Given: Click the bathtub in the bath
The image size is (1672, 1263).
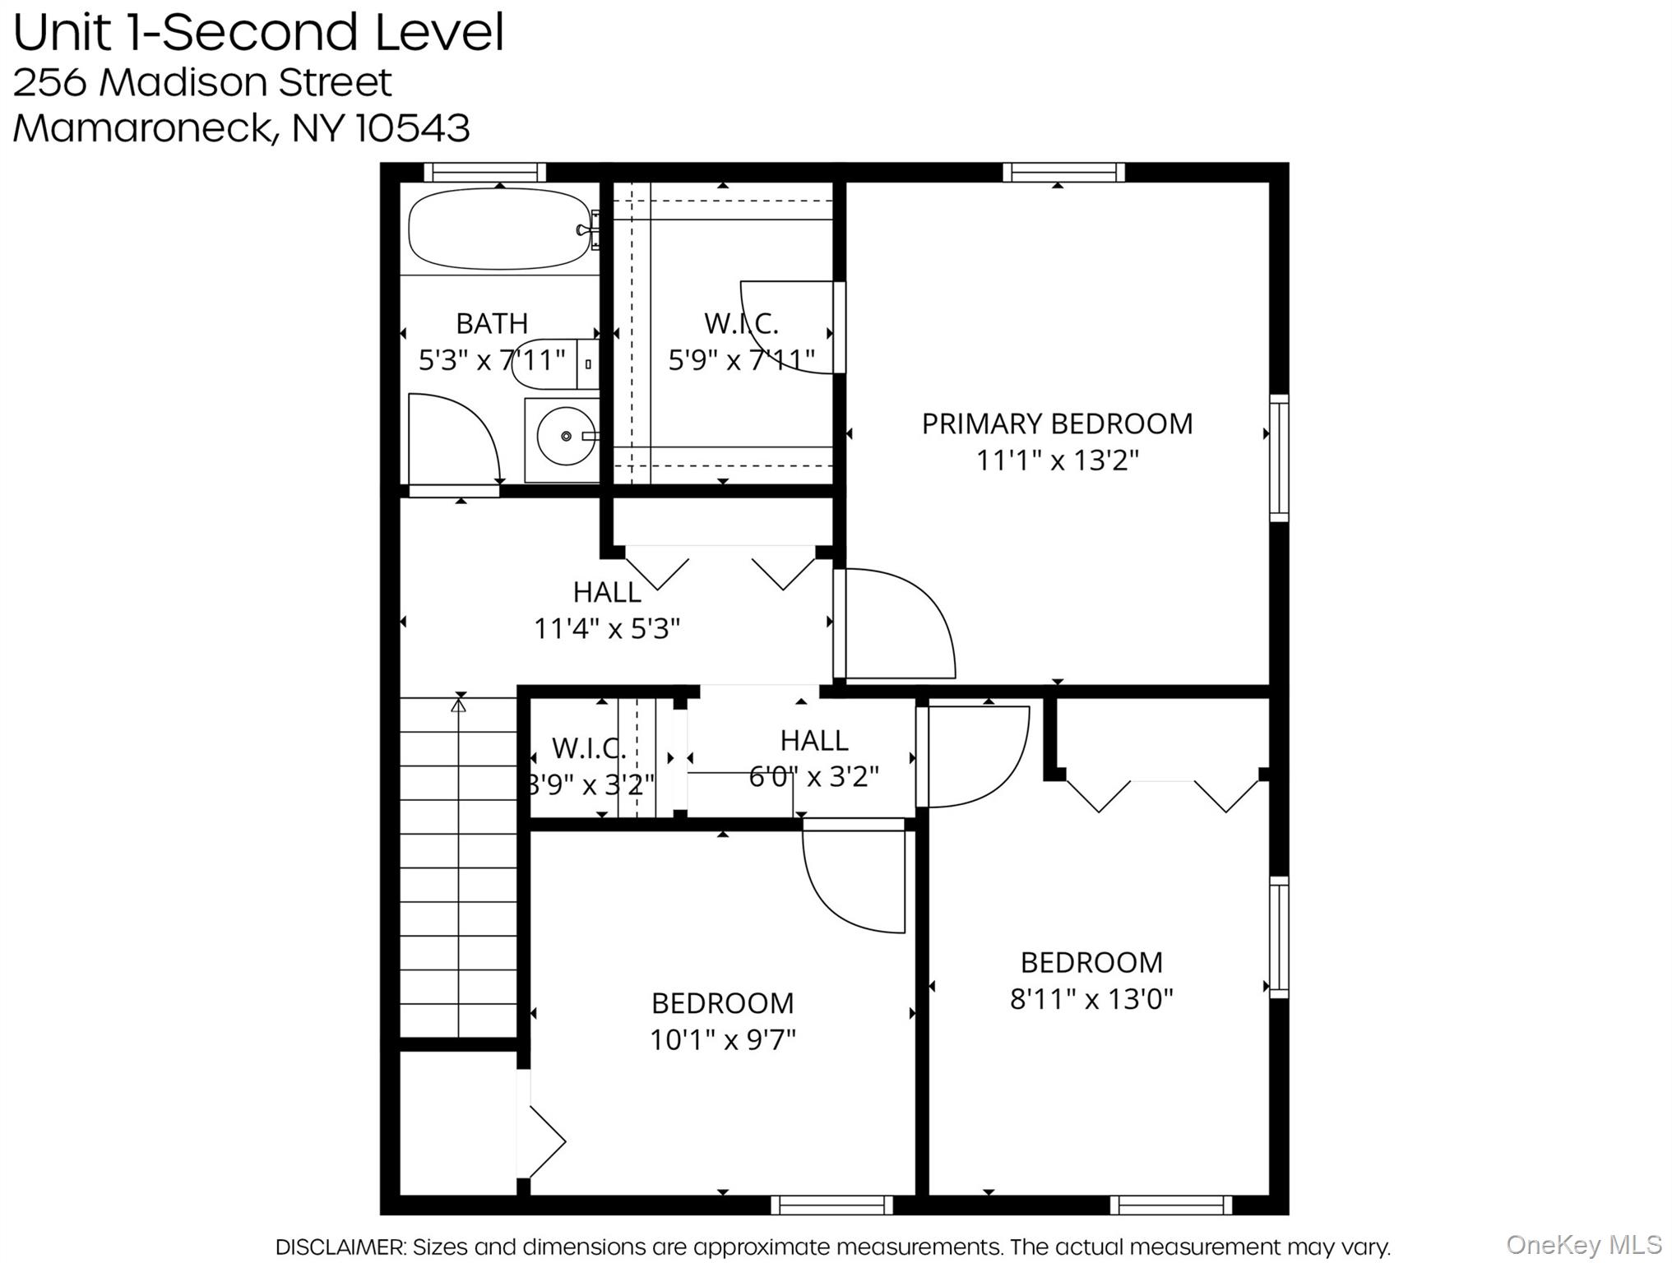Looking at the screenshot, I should [499, 229].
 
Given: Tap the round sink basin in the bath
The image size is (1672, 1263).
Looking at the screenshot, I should [566, 436].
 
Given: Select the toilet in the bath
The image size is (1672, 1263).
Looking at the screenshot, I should [549, 363].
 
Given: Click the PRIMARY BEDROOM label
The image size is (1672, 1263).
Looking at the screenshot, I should [1057, 423].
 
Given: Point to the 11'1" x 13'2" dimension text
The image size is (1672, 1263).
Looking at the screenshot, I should [1057, 460].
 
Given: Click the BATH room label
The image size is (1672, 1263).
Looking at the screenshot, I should [492, 323].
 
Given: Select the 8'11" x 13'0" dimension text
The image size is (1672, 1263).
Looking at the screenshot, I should [1091, 999].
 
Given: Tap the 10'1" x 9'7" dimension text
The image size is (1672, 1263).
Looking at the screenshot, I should [723, 1040].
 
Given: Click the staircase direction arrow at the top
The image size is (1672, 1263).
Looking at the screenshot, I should [459, 704].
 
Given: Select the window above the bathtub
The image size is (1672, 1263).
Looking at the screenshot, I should [484, 172].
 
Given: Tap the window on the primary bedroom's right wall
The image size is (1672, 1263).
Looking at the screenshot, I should [1279, 457].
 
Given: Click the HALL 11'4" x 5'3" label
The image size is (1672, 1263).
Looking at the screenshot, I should [607, 610].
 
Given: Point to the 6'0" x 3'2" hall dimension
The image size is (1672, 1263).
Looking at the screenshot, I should [813, 776].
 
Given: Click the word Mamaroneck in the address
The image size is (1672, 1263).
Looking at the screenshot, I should [141, 127].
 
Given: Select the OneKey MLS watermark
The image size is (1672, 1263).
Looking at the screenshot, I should [1583, 1244].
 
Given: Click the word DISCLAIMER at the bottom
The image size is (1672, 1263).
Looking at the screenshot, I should [340, 1247].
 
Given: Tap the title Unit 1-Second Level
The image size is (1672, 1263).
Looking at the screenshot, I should [258, 32].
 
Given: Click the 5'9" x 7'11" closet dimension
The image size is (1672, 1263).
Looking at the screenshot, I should [741, 360].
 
